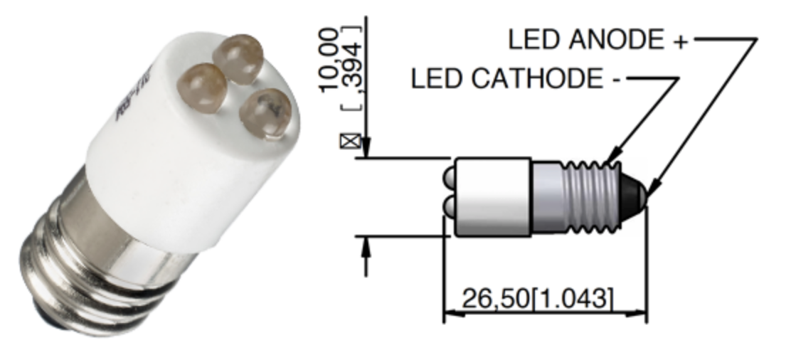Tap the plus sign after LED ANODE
coord(681,41)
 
